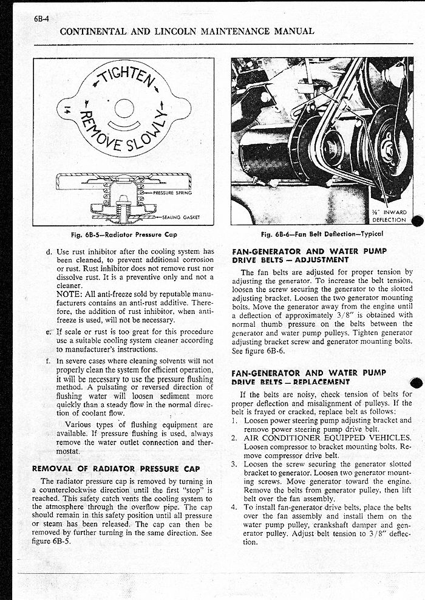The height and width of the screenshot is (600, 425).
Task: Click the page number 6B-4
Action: (42, 18)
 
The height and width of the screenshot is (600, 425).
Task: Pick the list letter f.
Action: (48, 361)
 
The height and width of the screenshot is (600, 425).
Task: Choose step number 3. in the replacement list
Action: (235, 464)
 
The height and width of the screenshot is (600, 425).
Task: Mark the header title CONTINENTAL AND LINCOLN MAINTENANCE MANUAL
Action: (188, 31)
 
